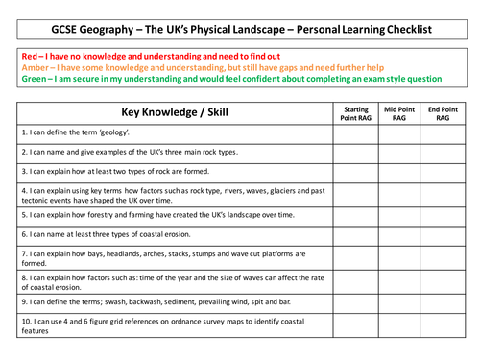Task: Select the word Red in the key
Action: tap(30, 57)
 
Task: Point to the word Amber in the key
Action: tap(36, 69)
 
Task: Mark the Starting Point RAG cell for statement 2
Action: tap(356, 152)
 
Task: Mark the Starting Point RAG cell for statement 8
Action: tap(356, 280)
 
